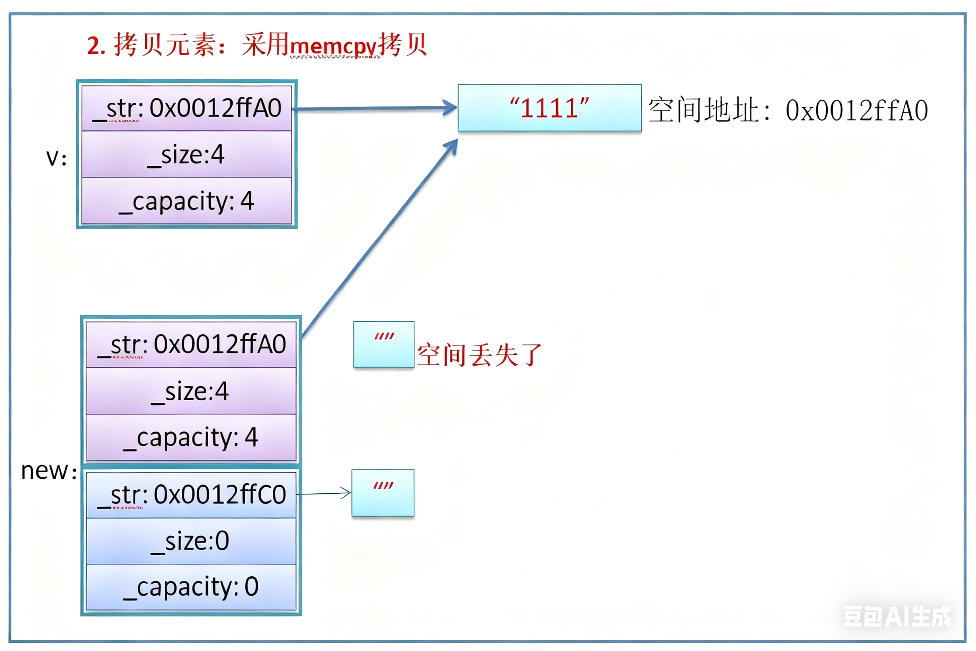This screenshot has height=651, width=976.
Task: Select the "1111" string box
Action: pyautogui.click(x=549, y=108)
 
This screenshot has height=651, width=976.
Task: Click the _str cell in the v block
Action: pyautogui.click(x=187, y=108)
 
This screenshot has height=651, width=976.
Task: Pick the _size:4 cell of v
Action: pyautogui.click(x=187, y=155)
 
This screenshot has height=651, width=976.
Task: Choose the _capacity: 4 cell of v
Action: pyautogui.click(x=187, y=201)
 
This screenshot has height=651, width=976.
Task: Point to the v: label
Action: pyautogui.click(x=56, y=158)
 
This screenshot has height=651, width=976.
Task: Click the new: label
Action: pyautogui.click(x=49, y=471)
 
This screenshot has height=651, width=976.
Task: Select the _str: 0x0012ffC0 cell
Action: pyautogui.click(x=191, y=495)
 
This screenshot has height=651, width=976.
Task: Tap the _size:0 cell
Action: pyautogui.click(x=191, y=541)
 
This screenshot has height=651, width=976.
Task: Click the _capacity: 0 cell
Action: pyautogui.click(x=191, y=587)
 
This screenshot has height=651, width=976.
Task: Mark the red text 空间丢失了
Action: pyautogui.click(x=480, y=355)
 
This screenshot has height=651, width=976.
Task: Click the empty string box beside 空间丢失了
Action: pyautogui.click(x=383, y=345)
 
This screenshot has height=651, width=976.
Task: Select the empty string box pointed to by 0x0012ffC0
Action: pyautogui.click(x=383, y=493)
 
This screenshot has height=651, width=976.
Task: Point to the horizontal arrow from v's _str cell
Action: pyautogui.click(x=374, y=109)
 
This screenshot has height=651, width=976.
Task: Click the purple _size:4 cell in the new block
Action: pyautogui.click(x=191, y=391)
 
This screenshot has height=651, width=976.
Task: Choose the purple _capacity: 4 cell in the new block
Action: pyautogui.click(x=191, y=438)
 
